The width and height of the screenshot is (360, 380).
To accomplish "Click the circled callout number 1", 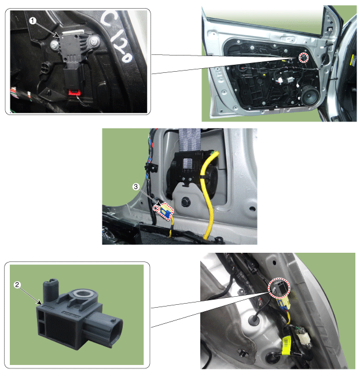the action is pyautogui.click(x=33, y=21).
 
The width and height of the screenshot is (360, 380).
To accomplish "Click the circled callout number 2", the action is pyautogui.click(x=17, y=285).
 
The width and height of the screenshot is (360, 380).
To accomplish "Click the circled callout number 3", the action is pyautogui.click(x=135, y=187).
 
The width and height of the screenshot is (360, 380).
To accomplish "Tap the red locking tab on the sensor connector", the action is pyautogui.click(x=75, y=92).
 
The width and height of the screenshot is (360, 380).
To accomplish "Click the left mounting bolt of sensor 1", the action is pyautogui.click(x=54, y=44).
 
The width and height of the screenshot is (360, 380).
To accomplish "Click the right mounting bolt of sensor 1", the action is pyautogui.click(x=94, y=42).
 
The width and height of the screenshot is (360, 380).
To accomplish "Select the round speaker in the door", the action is pyautogui.click(x=310, y=97).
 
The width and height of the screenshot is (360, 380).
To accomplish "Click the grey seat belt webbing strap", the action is pyautogui.click(x=189, y=140).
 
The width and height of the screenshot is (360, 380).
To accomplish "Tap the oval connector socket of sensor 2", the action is pyautogui.click(x=116, y=333).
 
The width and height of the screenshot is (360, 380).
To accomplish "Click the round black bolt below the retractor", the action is pyautogui.click(x=186, y=202).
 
